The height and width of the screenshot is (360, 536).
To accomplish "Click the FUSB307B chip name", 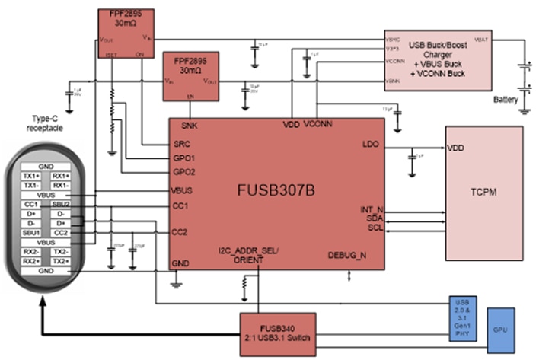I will point(276,188).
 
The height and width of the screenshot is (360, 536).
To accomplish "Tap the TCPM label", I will point(484,193).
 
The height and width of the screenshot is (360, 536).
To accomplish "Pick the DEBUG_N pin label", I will point(347,255).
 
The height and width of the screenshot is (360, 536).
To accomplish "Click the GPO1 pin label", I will point(183,158).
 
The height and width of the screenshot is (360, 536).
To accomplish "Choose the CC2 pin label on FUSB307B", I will point(180,231).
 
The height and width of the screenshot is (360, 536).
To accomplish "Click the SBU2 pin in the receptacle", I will point(62,204).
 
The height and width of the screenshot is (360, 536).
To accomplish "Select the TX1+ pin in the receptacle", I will point(31,175).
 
